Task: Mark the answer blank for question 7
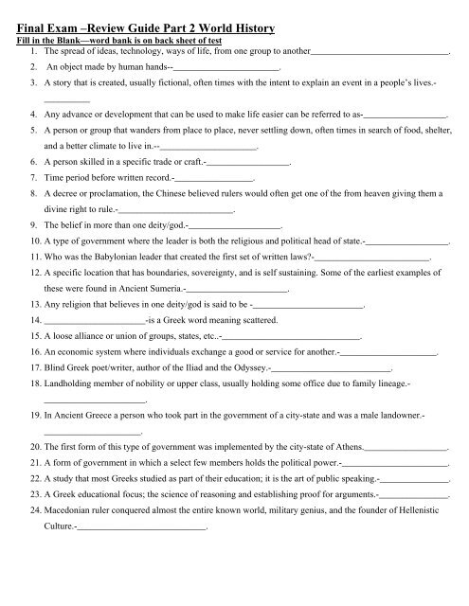pos(213,178)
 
